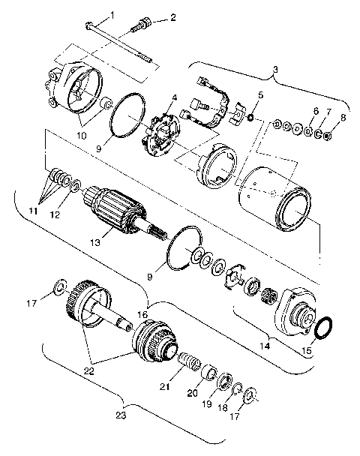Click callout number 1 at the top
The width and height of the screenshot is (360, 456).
(112, 15)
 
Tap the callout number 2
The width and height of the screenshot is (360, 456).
(173, 17)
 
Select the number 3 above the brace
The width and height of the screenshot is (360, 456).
(275, 70)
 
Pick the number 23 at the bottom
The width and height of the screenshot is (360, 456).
(121, 413)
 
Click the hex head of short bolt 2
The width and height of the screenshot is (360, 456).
(139, 28)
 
